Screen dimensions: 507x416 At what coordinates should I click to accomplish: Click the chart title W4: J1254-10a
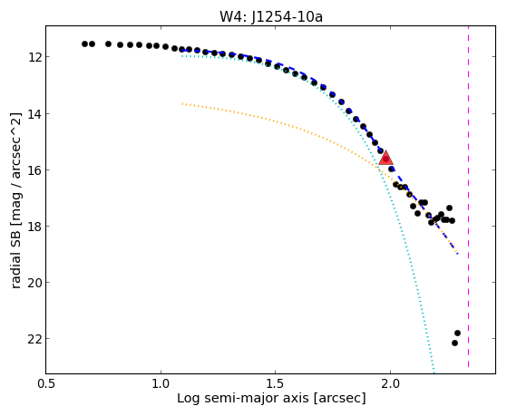tap(271, 17)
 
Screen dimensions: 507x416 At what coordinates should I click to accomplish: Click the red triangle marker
tap(385, 158)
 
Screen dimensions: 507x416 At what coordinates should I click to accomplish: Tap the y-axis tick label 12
tap(34, 57)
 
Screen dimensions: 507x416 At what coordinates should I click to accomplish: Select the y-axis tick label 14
tap(34, 114)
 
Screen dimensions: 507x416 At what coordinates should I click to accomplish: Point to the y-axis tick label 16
tap(34, 170)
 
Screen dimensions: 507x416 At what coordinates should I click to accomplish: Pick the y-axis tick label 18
tap(34, 227)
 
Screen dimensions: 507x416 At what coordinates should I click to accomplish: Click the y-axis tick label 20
tap(34, 283)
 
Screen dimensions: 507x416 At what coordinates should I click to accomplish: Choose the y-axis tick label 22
tap(34, 339)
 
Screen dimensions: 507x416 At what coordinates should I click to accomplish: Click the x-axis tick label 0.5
tap(46, 384)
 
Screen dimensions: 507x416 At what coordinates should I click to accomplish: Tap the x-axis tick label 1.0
tap(161, 384)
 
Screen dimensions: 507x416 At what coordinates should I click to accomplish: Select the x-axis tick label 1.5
tap(275, 384)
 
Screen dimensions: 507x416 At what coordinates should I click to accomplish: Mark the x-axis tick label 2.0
tap(390, 384)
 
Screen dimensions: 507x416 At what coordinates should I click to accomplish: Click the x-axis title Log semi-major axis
tap(242, 398)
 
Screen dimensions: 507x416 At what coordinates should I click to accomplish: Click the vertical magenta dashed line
tap(469, 197)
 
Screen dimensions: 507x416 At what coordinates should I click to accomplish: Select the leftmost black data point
tap(84, 44)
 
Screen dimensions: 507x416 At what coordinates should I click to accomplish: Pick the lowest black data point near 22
tap(454, 343)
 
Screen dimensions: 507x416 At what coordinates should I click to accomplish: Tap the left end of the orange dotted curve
tap(182, 103)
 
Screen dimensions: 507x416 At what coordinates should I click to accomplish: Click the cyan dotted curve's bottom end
tap(434, 372)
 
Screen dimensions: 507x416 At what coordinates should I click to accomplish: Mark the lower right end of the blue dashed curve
tap(457, 254)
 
